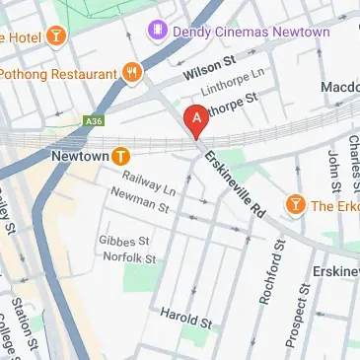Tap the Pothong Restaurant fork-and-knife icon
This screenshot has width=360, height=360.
(132, 73)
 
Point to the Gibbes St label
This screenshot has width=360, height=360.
(123, 241)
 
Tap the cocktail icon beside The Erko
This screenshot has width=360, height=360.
(293, 204)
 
